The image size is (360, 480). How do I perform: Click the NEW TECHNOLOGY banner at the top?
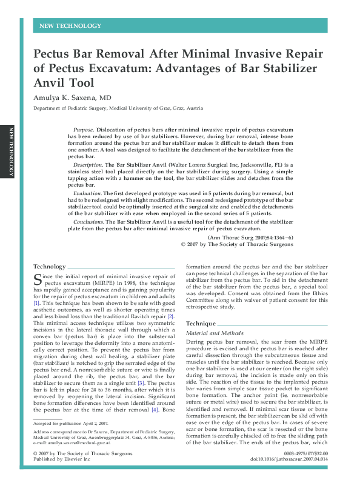70,26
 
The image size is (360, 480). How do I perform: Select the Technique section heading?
200,324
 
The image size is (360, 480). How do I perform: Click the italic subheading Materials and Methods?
211,333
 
